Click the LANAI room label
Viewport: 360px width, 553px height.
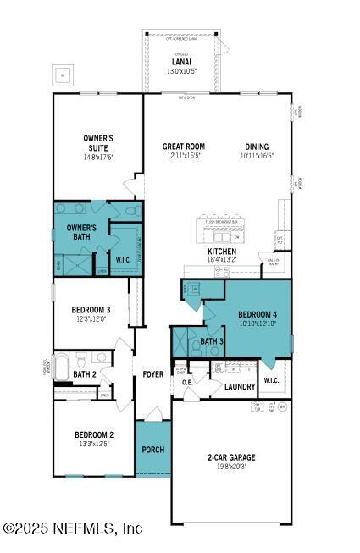click(x=180, y=61)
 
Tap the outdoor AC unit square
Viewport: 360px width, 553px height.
click(x=62, y=75)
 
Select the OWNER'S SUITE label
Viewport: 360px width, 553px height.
click(x=98, y=142)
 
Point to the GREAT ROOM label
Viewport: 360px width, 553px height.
click(x=184, y=147)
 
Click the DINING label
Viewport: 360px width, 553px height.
click(x=257, y=147)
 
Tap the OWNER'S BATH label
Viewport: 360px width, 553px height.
click(x=82, y=233)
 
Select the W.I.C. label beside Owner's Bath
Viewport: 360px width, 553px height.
click(x=122, y=260)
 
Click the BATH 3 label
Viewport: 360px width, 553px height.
click(x=212, y=342)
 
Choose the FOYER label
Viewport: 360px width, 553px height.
click(x=152, y=373)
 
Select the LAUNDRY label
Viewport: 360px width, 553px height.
click(x=241, y=387)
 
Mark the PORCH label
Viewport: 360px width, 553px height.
click(x=152, y=450)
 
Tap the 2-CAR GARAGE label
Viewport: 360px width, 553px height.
click(x=231, y=457)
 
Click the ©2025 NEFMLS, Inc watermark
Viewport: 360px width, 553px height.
click(x=73, y=528)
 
